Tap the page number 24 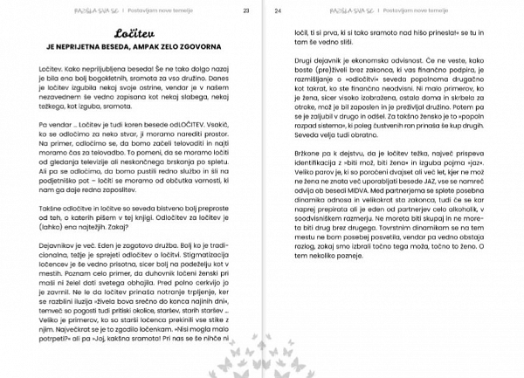point(278,11)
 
